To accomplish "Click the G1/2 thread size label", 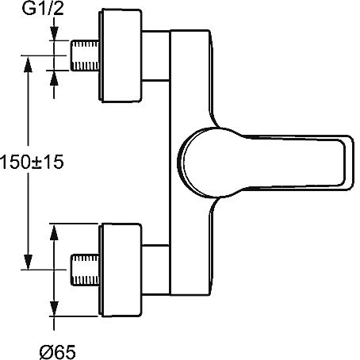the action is (43, 9).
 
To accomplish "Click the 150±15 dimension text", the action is (32, 162).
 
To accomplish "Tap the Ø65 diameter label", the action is (57, 352).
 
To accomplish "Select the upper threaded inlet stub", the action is (85, 56).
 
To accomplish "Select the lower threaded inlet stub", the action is (85, 270).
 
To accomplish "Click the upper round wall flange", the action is (121, 56).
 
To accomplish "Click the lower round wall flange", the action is (121, 270).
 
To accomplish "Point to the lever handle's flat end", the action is (347, 163).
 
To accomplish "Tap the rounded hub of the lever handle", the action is (201, 163).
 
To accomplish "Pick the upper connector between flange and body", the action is (155, 56).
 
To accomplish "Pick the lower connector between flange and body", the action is (155, 270).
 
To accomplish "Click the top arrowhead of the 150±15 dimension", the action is (28, 64).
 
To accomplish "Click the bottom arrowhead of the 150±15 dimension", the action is (28, 262).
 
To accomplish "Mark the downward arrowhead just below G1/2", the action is (54, 33).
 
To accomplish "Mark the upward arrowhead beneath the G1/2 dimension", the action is (54, 78).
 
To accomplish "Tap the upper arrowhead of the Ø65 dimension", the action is (54, 232).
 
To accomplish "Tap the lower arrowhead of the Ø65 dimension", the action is (54, 308).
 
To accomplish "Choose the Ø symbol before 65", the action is (47, 352).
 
